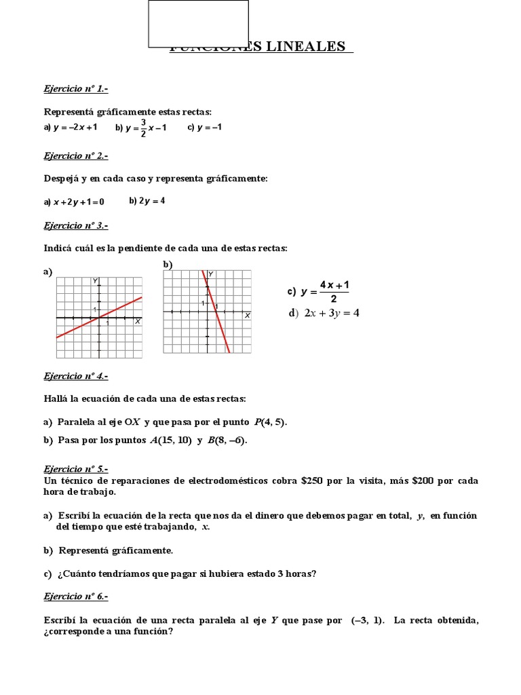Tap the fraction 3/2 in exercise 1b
click(x=143, y=128)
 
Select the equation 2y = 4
click(x=152, y=201)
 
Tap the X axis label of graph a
click(x=138, y=322)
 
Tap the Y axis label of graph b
click(x=211, y=274)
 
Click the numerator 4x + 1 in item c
click(x=334, y=285)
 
